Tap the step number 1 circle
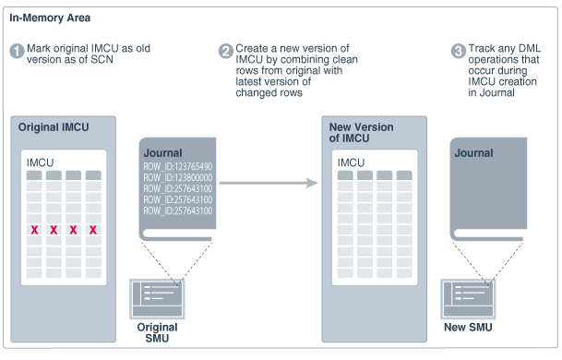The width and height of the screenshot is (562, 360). (x=17, y=51)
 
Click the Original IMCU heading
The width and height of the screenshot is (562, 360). (x=54, y=126)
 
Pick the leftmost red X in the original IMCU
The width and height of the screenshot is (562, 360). (x=34, y=229)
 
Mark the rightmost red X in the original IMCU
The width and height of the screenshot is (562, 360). (x=92, y=229)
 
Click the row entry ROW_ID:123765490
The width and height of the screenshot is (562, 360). (x=178, y=167)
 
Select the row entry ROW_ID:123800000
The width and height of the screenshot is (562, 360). (x=178, y=178)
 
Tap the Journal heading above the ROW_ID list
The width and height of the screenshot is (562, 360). (x=163, y=153)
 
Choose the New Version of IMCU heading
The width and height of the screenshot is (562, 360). (x=362, y=131)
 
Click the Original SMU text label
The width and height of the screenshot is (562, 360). (x=156, y=332)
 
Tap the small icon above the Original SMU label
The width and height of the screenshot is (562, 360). (x=157, y=298)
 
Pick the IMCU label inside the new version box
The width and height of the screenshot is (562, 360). (x=351, y=162)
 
